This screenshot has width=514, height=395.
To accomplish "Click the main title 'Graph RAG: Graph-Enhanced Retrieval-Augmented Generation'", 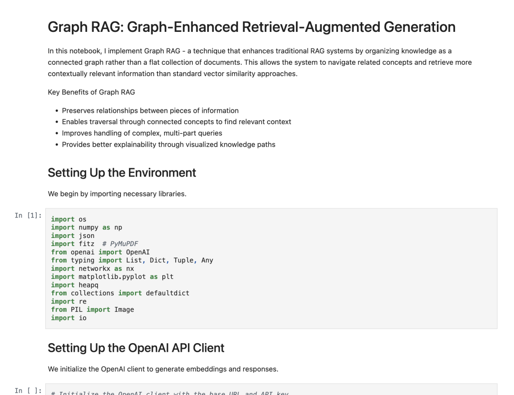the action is pos(251,27).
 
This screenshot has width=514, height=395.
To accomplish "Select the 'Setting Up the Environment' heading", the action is pos(122,172).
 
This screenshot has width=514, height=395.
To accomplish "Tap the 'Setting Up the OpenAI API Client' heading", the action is pos(136,348).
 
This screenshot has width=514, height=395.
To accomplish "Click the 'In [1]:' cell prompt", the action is pos(28,216).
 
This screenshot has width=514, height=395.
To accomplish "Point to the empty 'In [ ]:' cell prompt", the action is pos(28,391).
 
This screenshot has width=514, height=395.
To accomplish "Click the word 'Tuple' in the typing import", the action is pos(183,260).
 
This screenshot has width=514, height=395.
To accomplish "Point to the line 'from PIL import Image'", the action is pos(92,309).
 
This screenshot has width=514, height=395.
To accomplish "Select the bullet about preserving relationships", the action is pos(150,110).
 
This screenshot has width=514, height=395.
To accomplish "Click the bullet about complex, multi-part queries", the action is pos(142,133).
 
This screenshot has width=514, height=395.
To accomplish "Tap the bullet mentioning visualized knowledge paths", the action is pos(168,144).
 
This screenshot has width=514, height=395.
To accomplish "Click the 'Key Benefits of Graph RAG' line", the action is pos(91,92).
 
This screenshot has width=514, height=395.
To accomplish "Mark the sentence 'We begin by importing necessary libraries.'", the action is pos(117,194).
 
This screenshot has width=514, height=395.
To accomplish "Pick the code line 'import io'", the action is pos(69,318).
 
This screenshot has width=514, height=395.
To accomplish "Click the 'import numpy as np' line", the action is pos(86,227).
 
